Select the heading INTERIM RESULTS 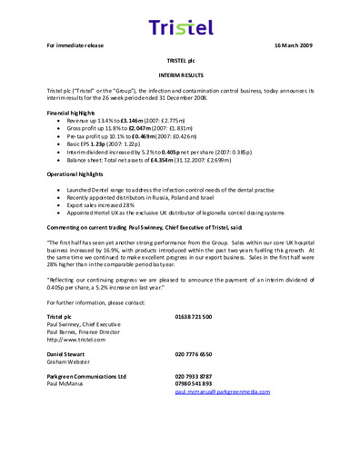(179, 77)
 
